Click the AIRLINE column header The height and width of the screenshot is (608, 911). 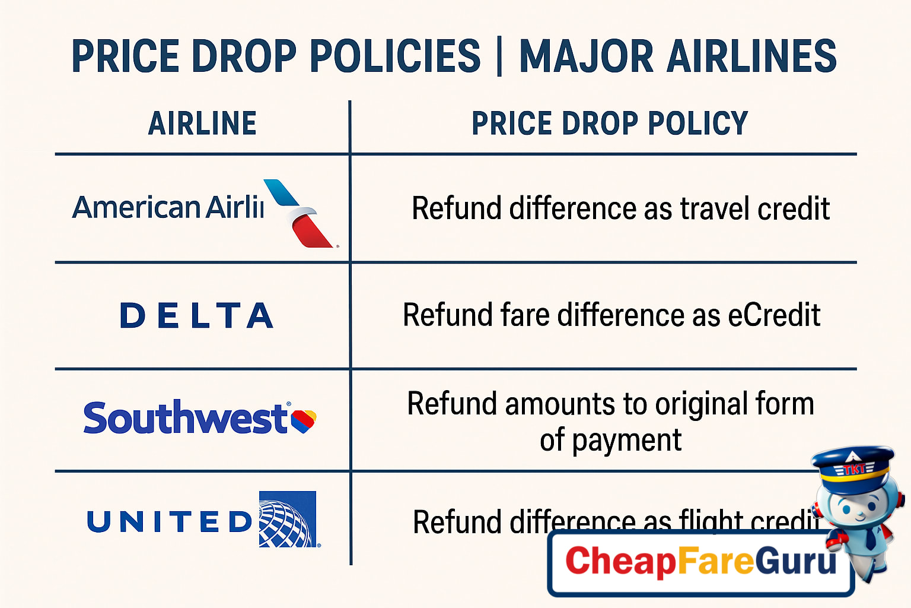202,123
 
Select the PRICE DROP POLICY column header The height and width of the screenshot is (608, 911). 610,123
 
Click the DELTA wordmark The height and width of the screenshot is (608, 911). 197,315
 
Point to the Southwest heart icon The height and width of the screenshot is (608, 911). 304,420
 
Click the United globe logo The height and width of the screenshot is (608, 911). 288,520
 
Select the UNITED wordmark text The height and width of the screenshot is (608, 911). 170,522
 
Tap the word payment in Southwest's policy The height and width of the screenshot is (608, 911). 627,441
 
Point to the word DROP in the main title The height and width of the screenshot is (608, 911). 244,57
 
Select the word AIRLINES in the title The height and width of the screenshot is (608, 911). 751,57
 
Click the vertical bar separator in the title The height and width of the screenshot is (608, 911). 499,57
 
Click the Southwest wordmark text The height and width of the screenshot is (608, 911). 185,418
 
